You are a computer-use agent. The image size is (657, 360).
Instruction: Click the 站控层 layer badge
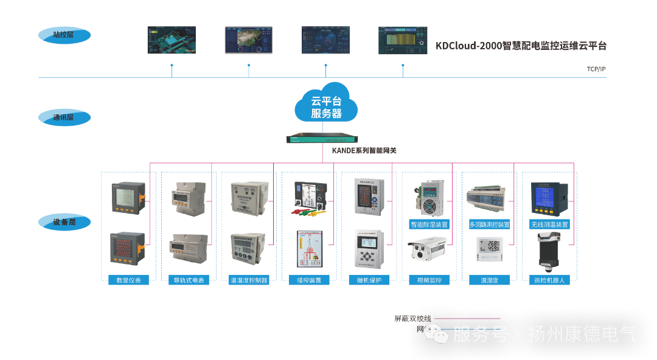click(64, 35)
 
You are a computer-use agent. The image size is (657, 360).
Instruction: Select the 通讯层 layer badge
click(64, 117)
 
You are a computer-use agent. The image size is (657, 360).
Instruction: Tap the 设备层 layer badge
click(64, 222)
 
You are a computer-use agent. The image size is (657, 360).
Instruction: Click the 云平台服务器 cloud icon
click(326, 105)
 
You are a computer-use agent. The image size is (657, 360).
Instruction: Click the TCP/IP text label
click(596, 69)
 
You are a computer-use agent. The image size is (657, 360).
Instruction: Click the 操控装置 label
click(309, 280)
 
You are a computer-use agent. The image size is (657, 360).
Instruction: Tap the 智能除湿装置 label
click(429, 224)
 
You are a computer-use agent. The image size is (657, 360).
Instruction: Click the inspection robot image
click(548, 251)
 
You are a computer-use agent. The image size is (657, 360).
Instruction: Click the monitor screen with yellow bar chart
click(403, 40)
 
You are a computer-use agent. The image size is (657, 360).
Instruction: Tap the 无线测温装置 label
click(549, 224)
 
